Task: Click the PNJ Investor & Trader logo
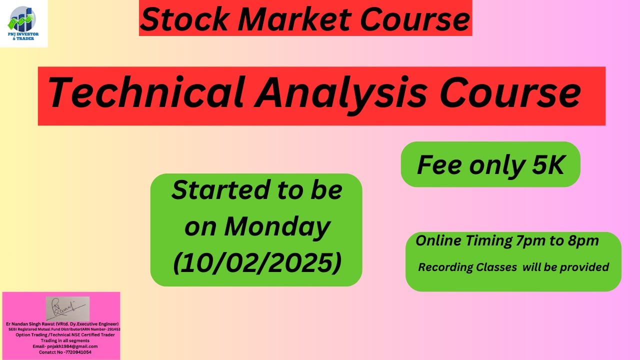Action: [23, 23]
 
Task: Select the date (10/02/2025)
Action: [257, 263]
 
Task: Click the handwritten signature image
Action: [67, 308]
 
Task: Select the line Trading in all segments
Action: [61, 340]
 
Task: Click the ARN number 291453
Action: [113, 329]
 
